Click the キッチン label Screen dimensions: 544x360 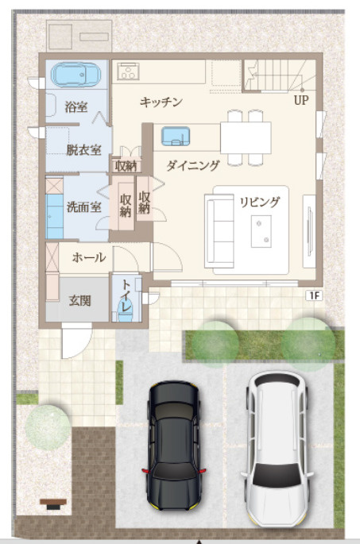tap(161, 102)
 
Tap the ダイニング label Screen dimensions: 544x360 tap(192, 165)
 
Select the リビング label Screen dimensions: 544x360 tap(259, 202)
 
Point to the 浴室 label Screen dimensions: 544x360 tap(76, 107)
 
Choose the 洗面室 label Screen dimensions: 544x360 tap(83, 207)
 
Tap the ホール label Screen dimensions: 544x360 tap(88, 257)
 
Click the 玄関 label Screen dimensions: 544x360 tap(80, 300)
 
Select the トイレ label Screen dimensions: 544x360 tap(126, 289)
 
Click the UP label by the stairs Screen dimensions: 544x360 tap(300, 100)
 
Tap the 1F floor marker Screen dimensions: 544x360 tap(314, 295)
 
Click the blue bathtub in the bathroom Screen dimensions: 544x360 tap(75, 75)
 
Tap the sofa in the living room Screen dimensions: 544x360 tap(219, 230)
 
